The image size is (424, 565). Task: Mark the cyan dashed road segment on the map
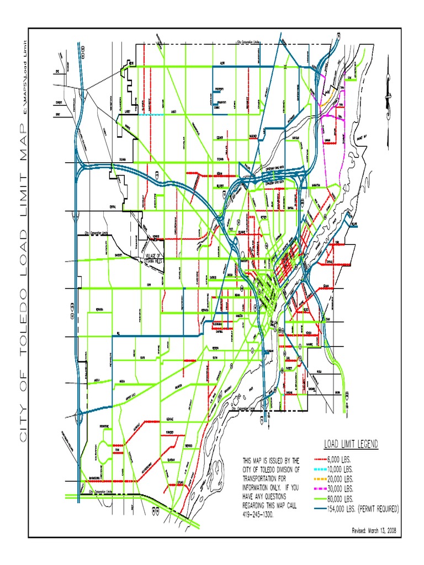(x=156, y=114)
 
